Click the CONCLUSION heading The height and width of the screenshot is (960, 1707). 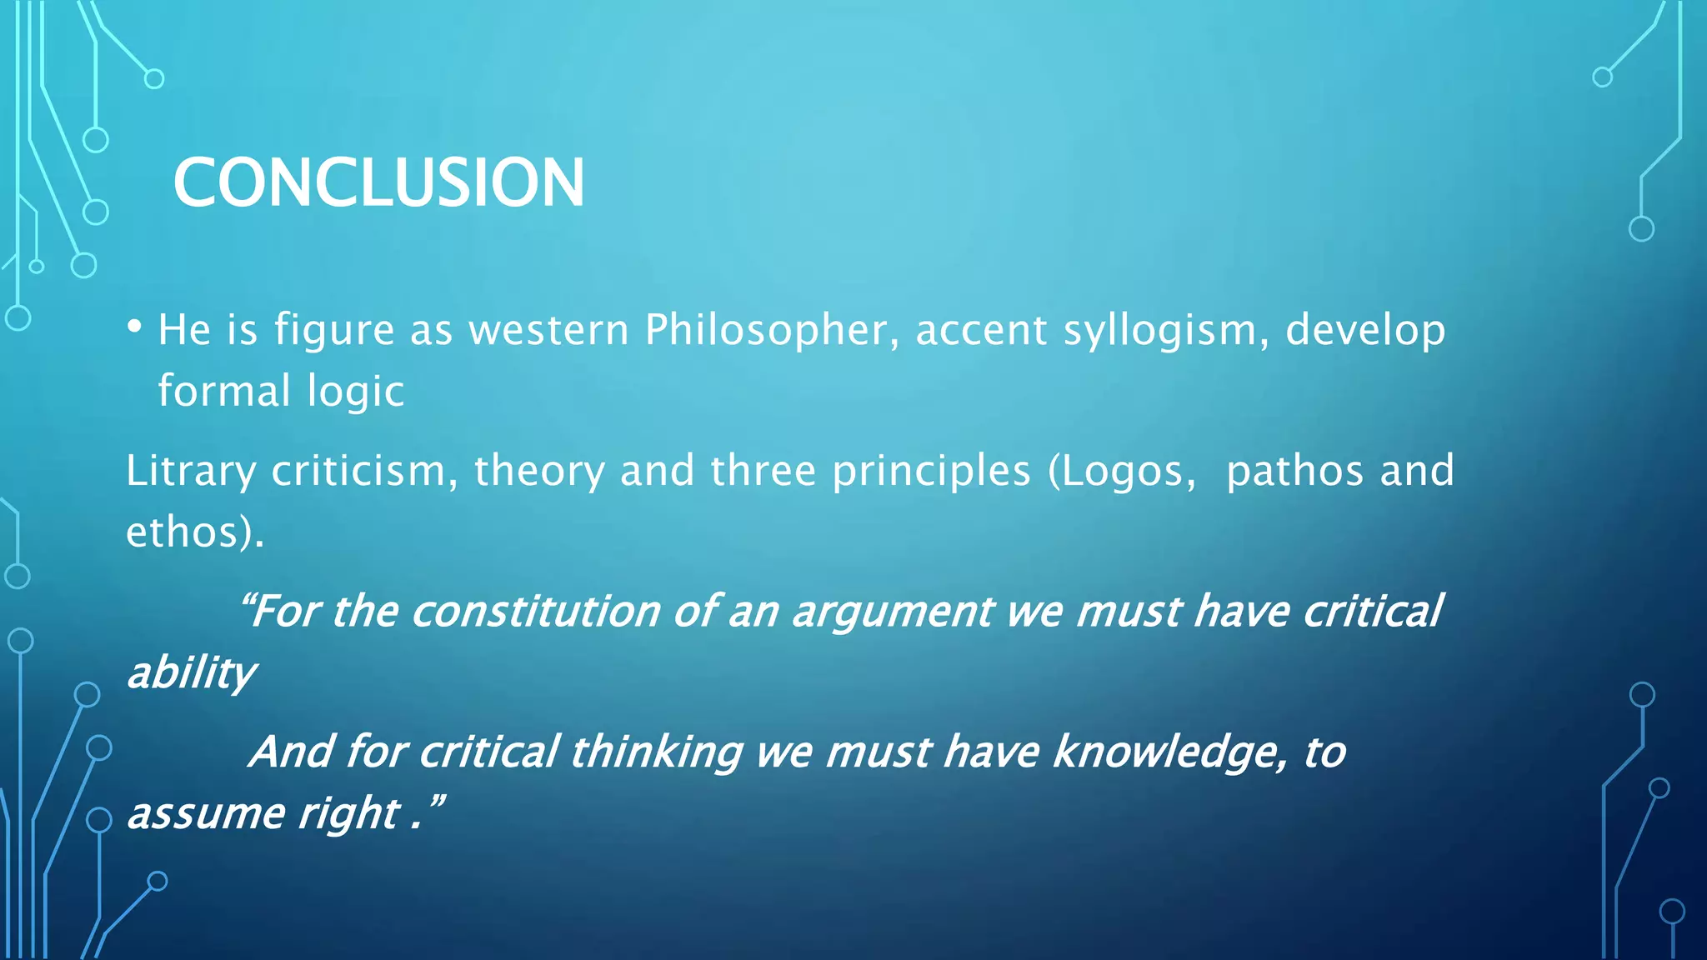[x=378, y=182]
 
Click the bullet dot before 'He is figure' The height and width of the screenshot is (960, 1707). [x=134, y=326]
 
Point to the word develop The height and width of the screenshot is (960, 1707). [x=1364, y=331]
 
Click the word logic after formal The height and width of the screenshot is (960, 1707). [x=355, y=392]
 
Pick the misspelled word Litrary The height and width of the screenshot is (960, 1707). [x=190, y=472]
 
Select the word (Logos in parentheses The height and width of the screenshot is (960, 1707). [x=1115, y=472]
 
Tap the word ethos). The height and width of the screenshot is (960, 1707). [x=195, y=532]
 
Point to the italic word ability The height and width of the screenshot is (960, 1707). [x=192, y=673]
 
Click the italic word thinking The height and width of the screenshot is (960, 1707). [x=656, y=752]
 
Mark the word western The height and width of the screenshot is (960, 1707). [x=548, y=330]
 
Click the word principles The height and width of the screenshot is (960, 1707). [x=931, y=472]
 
